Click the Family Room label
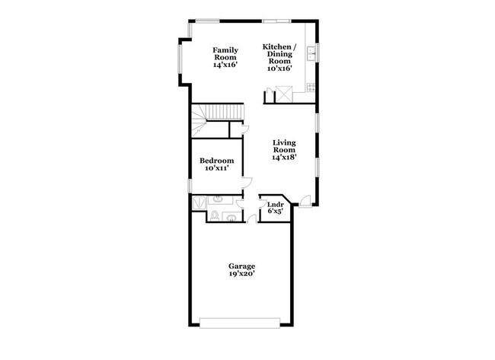[225, 53]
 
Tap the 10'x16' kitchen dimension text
[279, 68]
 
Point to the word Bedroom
[216, 161]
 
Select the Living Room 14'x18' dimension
[284, 157]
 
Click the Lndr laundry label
[275, 205]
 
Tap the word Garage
[242, 266]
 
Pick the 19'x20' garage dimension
[242, 274]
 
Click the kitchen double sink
[311, 53]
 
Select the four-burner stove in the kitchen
[311, 87]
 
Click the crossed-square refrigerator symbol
[284, 94]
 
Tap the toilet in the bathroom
[215, 216]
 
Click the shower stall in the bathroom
[200, 202]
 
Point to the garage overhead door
[240, 323]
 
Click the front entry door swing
[305, 201]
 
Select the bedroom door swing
[247, 183]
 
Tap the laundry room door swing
[262, 203]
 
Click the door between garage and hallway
[251, 218]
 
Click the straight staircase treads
[225, 112]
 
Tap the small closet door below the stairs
[245, 130]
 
